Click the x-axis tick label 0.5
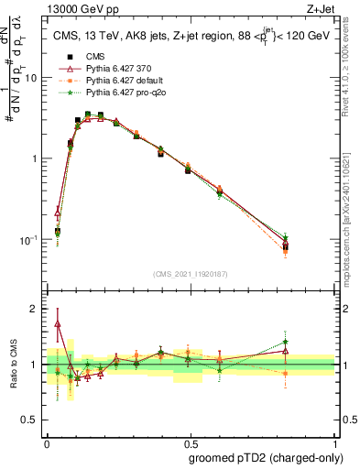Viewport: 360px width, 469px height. point(191,441)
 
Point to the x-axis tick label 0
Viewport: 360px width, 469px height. point(47,441)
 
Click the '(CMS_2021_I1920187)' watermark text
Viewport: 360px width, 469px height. point(191,273)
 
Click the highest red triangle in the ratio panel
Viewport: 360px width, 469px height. point(58,324)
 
